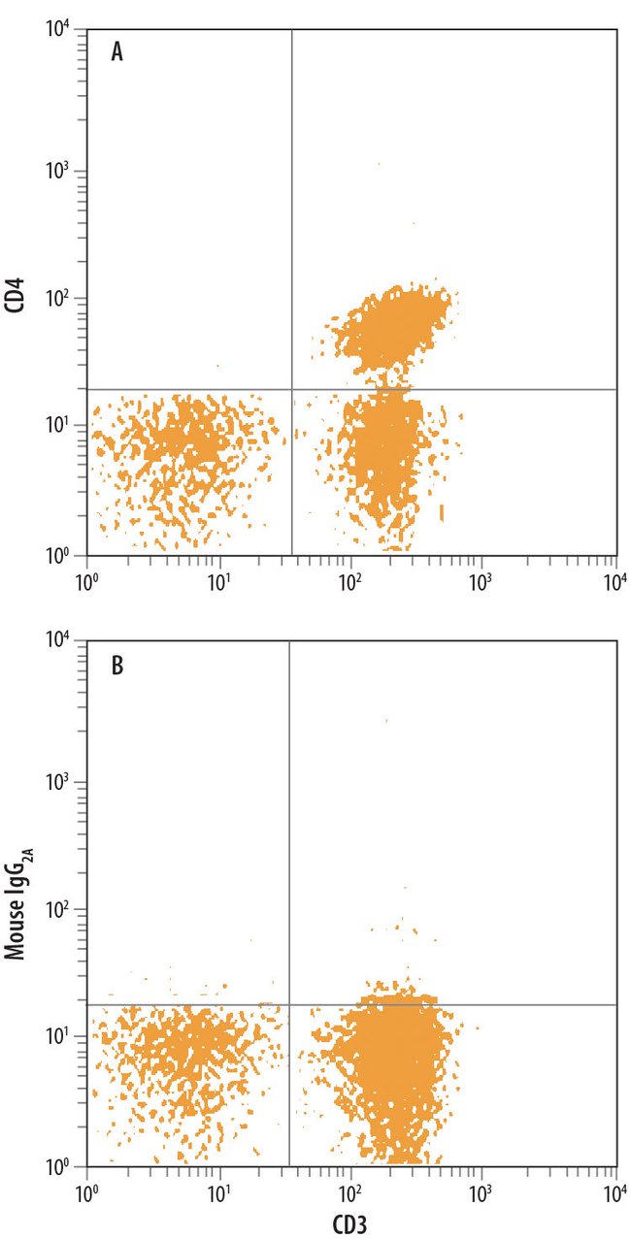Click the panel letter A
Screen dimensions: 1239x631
(116, 52)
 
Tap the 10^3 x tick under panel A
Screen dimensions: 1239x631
(482, 580)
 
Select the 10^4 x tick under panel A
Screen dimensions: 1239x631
(614, 580)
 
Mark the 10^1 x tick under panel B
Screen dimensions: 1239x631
(219, 1190)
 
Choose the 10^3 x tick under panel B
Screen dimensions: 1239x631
(482, 1190)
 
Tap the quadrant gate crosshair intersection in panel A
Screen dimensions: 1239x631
(291, 390)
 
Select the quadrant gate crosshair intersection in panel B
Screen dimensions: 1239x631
(289, 1004)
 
